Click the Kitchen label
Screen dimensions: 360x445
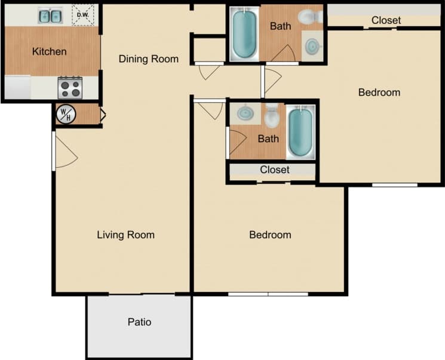tap(49, 51)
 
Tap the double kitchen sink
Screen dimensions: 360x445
tap(50, 16)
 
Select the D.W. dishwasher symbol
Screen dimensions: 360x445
tap(82, 16)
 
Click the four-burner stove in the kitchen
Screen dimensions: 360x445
tap(70, 88)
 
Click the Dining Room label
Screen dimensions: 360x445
tap(148, 59)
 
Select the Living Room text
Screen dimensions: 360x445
tap(125, 235)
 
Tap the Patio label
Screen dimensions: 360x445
tap(139, 322)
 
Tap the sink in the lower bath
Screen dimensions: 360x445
tap(245, 112)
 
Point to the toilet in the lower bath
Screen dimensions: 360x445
tap(272, 116)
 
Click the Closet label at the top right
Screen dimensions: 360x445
tap(386, 20)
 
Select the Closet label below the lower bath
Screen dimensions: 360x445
tap(274, 170)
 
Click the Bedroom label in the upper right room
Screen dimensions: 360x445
tap(379, 92)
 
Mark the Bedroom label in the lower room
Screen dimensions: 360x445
tap(270, 235)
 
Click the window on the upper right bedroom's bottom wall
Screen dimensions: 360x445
tap(394, 184)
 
